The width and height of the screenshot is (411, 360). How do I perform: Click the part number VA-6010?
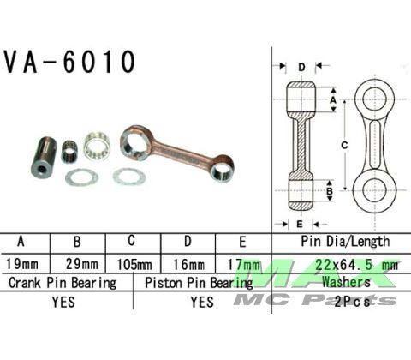(x=70, y=62)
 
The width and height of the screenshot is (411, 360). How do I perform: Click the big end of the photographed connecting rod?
(x=136, y=141)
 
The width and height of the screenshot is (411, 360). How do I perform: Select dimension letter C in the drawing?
(x=344, y=146)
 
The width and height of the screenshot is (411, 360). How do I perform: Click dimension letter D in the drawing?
(x=302, y=67)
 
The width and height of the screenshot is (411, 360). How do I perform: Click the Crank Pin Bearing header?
(x=62, y=282)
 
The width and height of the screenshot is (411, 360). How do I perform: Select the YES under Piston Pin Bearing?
(x=202, y=302)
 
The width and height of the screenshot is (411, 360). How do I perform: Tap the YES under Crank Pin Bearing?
(x=63, y=302)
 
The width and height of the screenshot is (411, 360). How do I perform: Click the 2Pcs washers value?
(x=347, y=302)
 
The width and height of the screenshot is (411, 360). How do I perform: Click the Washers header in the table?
(x=347, y=282)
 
